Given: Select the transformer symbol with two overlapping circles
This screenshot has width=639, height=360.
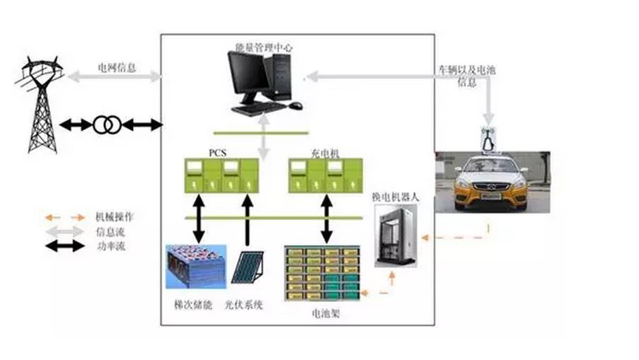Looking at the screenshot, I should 107,125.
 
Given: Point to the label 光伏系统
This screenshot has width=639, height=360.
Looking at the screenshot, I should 243,304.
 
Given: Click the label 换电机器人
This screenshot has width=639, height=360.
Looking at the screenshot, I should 396,197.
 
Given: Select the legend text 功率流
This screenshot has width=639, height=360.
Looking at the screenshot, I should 108,247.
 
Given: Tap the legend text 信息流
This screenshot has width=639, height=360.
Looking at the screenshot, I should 108,232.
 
